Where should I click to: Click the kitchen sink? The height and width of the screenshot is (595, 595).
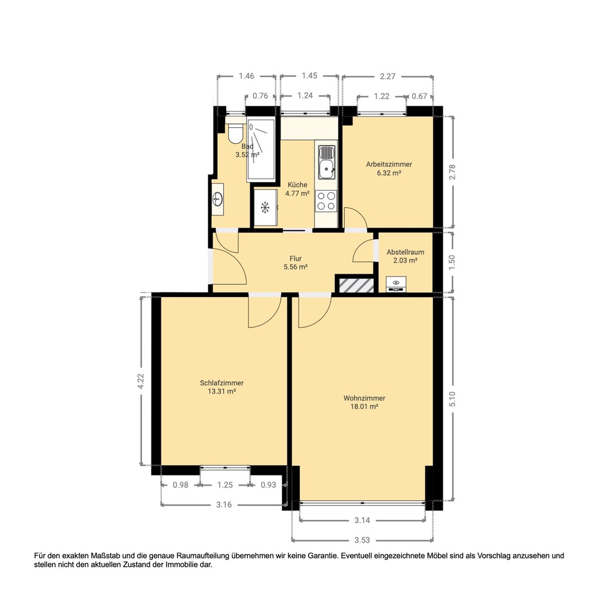pos(326,161)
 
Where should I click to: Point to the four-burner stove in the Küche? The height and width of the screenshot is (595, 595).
pos(326,201)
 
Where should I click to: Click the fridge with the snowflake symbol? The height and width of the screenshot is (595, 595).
pos(265,208)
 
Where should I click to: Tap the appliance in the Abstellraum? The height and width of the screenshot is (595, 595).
pos(396,284)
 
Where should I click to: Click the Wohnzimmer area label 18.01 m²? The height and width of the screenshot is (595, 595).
pos(364,407)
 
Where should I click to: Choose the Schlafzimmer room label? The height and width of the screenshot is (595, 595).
pos(221,383)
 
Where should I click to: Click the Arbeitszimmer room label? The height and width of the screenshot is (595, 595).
pos(389,164)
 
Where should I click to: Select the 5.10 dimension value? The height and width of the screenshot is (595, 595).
pos(453,399)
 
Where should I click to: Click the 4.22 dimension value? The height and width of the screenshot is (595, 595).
pos(141,381)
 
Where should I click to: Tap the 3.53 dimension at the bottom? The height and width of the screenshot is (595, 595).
pos(362,539)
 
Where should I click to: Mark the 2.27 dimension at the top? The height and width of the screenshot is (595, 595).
pos(387,77)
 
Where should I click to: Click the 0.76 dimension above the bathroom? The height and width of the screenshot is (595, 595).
pos(260,96)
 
